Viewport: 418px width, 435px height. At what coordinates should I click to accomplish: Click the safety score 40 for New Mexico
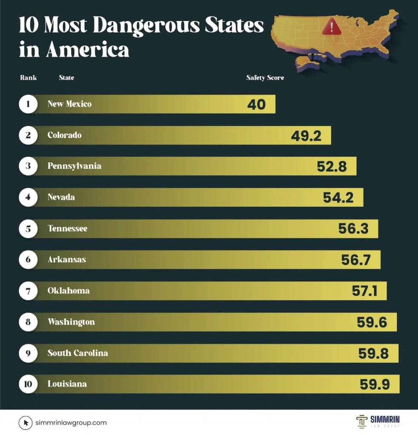[x=256, y=105]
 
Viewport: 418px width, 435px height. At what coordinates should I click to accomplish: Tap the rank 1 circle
[x=28, y=104]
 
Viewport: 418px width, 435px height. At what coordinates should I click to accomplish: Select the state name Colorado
[x=64, y=135]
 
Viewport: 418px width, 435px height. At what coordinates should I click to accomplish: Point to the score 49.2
[x=306, y=136]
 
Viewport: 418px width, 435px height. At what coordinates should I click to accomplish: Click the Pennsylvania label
[x=74, y=166]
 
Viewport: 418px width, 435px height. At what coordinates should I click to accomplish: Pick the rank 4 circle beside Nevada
[x=28, y=198]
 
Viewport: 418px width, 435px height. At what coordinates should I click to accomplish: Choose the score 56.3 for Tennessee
[x=353, y=229]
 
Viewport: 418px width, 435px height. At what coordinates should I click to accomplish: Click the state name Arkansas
[x=66, y=259]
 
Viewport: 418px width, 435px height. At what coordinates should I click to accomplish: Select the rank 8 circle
[x=28, y=322]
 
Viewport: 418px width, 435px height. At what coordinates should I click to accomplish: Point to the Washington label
[x=71, y=322]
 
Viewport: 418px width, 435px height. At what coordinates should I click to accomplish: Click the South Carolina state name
[x=77, y=353]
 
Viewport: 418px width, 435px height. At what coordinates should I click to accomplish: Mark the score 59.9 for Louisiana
[x=375, y=384]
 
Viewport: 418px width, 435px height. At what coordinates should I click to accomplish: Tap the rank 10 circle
[x=28, y=384]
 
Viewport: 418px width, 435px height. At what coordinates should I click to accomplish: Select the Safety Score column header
[x=265, y=78]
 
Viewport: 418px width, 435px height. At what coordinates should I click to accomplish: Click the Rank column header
[x=29, y=78]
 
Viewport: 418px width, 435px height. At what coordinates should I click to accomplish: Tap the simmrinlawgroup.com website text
[x=71, y=423]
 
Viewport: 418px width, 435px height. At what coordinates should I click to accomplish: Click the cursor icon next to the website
[x=26, y=423]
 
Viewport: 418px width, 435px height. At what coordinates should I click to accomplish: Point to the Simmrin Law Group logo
[x=378, y=421]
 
